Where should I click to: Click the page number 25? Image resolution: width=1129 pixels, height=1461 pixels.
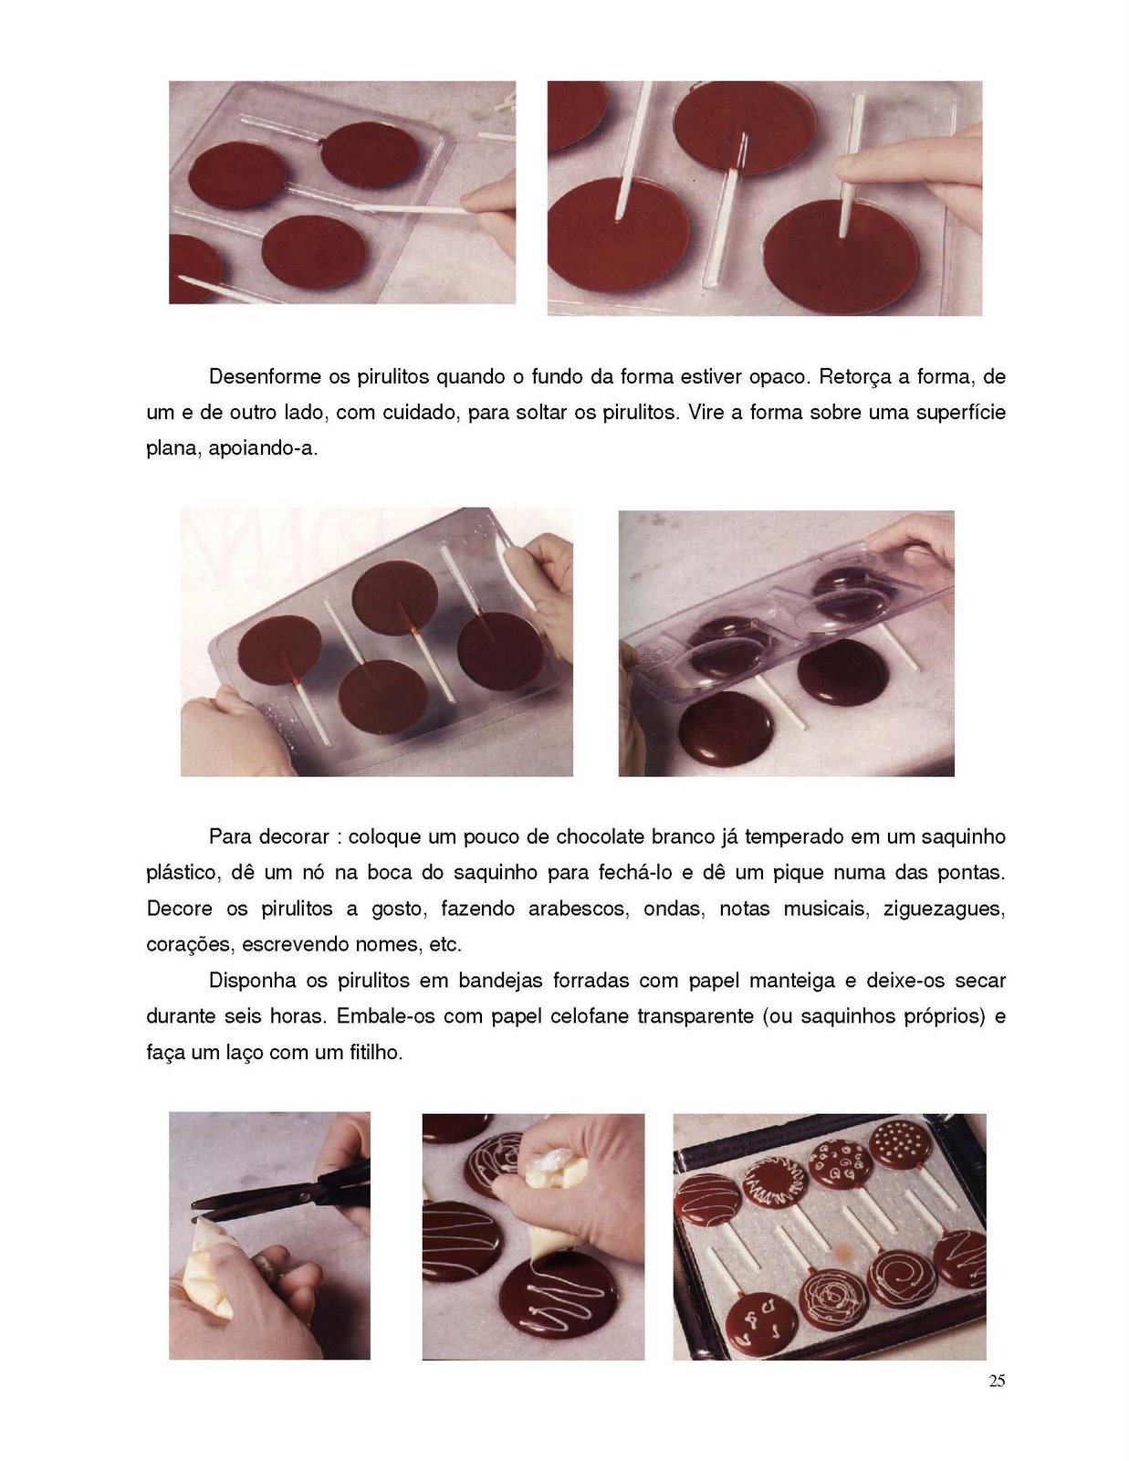[997, 1381]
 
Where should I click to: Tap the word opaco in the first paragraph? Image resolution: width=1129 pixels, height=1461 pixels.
[777, 376]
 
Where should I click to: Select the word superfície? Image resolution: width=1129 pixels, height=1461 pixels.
[960, 413]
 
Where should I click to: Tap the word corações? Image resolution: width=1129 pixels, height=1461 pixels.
[188, 944]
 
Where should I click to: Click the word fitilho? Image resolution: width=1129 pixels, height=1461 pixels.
[375, 1052]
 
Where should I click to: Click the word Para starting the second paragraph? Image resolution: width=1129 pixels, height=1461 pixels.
[230, 836]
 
